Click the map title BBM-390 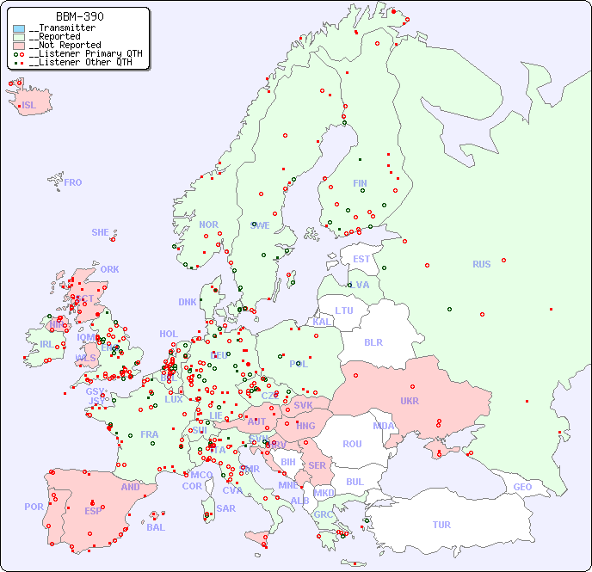[x=80, y=16]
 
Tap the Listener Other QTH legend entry [x=77, y=62]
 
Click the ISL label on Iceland [x=29, y=106]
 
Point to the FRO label [x=73, y=182]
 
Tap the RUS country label [x=481, y=264]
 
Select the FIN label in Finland [x=360, y=183]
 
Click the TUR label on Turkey [x=441, y=525]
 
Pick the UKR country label [x=410, y=401]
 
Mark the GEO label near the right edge [x=522, y=487]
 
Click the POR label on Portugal [x=34, y=507]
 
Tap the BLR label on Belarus [x=373, y=341]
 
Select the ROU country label [x=352, y=444]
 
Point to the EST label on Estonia [x=361, y=259]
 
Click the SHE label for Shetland [x=101, y=232]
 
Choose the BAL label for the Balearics [x=156, y=527]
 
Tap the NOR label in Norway [x=208, y=224]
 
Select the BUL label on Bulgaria [x=355, y=482]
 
